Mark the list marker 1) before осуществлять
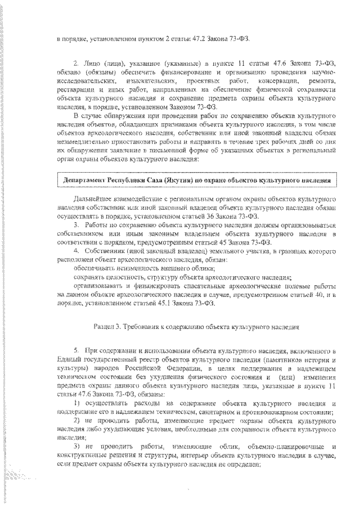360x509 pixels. coord(78,404)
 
